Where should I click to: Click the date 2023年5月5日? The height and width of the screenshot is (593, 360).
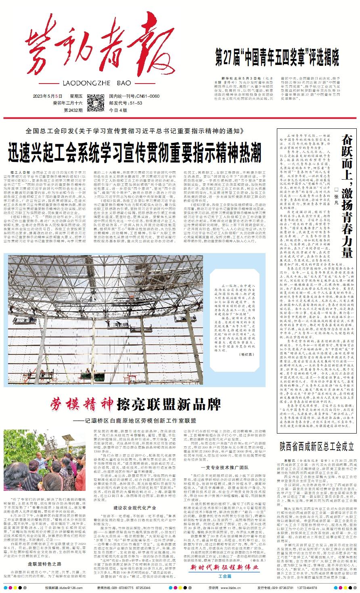(48, 96)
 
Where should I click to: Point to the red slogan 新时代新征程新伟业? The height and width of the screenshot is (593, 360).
(223, 568)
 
